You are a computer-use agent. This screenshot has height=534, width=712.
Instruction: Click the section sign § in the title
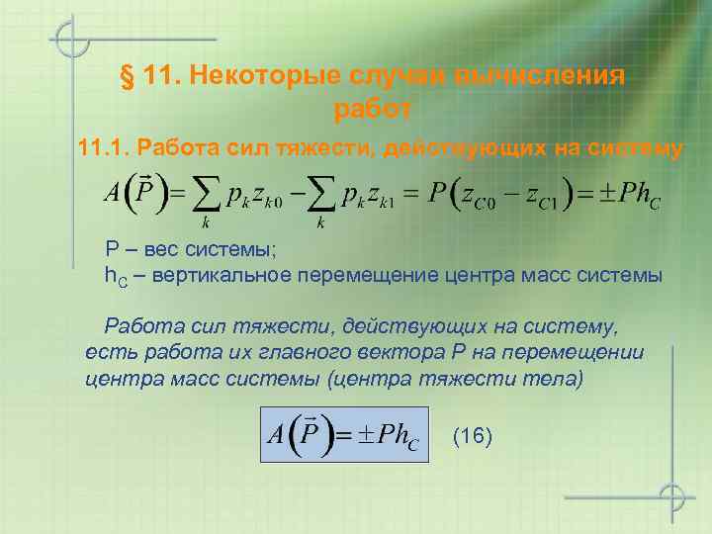(x=127, y=77)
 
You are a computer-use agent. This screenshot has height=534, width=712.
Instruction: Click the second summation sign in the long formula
(x=324, y=196)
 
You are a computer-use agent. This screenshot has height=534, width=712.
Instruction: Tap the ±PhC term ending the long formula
(x=626, y=194)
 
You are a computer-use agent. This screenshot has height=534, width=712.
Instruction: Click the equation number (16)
(x=472, y=436)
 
